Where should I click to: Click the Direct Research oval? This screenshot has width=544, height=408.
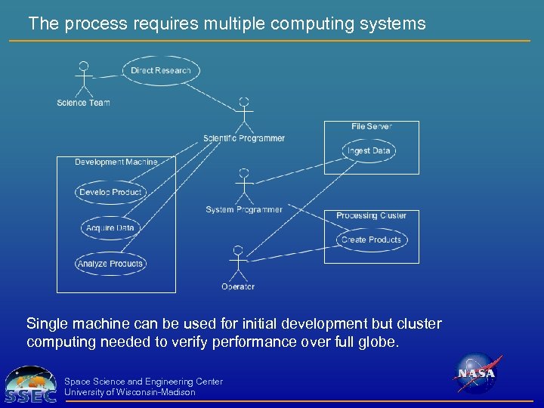coord(161,71)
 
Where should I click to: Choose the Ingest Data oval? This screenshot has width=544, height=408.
coord(369,151)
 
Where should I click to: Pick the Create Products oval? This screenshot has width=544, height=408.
coord(371,240)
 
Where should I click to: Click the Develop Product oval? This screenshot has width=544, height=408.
coord(110,193)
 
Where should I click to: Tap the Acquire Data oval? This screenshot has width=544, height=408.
coord(110,228)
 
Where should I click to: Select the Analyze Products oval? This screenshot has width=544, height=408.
coord(110,264)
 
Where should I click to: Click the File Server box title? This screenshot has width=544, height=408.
coord(371,127)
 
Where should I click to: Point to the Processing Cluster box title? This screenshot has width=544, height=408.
coord(371,216)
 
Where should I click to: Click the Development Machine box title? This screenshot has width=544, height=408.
coord(116,162)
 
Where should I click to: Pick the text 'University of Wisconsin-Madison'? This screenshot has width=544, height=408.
coord(130,392)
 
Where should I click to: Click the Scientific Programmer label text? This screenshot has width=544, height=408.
coord(244,138)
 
